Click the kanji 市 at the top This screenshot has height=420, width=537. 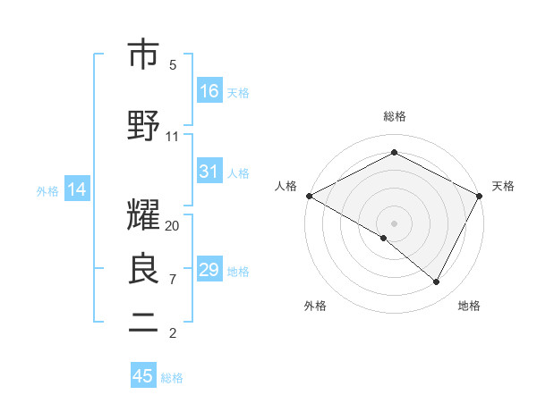click(143, 55)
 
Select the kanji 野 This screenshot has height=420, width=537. click(143, 126)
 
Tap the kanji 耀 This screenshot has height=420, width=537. click(143, 215)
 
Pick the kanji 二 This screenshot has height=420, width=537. click(143, 323)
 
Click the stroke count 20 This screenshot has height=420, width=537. click(173, 226)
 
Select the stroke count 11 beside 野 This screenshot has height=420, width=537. click(173, 137)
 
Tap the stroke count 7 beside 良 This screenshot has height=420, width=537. click(173, 280)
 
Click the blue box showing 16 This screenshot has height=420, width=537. click(209, 91)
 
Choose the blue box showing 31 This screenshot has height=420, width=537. click(209, 172)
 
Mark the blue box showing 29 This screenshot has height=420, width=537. click(209, 270)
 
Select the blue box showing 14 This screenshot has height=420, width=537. click(77, 189)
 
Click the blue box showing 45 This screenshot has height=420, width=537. click(143, 376)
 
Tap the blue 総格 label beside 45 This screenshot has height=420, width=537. click(172, 378)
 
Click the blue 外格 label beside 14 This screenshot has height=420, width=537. click(47, 190)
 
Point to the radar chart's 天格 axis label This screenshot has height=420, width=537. click(503, 186)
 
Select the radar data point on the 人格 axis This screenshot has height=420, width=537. click(309, 195)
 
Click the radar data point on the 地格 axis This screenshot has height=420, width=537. click(437, 282)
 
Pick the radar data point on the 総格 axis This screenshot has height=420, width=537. click(394, 152)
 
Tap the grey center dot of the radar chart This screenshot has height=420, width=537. click(394, 223)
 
